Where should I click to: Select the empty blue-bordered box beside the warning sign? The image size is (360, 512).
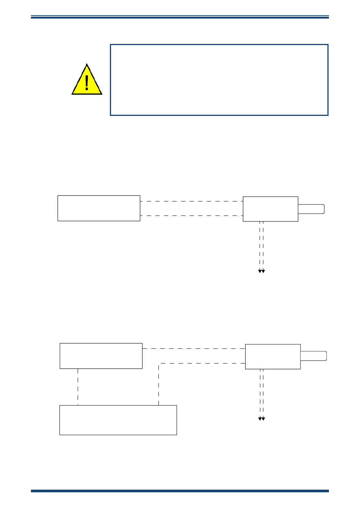coord(219,80)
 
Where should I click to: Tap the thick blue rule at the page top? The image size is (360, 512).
coord(180,17)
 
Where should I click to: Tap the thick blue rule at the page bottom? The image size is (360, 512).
coord(180,491)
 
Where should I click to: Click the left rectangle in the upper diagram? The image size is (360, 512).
coord(99,208)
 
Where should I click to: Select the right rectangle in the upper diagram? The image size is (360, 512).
coord(270,209)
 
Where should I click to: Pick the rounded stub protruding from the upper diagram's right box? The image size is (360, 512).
coord(311,209)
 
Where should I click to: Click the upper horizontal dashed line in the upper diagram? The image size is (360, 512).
coord(191,201)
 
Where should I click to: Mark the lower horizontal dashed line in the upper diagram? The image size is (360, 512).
coord(191,215)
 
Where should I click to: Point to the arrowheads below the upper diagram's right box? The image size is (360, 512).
coord(261,271)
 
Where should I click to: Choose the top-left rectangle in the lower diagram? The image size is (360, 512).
coord(101,356)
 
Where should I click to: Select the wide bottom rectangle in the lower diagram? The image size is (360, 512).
coord(118,420)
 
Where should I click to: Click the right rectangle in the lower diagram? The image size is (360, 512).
coord(273,357)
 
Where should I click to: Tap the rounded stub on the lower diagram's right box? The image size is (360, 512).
coord(313,356)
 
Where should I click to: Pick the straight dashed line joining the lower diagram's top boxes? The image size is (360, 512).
coord(194,348)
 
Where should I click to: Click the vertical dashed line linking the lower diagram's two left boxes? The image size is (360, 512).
coord(78,387)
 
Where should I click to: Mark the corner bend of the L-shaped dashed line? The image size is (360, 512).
coord(159,364)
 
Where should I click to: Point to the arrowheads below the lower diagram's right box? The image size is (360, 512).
coord(261,418)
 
